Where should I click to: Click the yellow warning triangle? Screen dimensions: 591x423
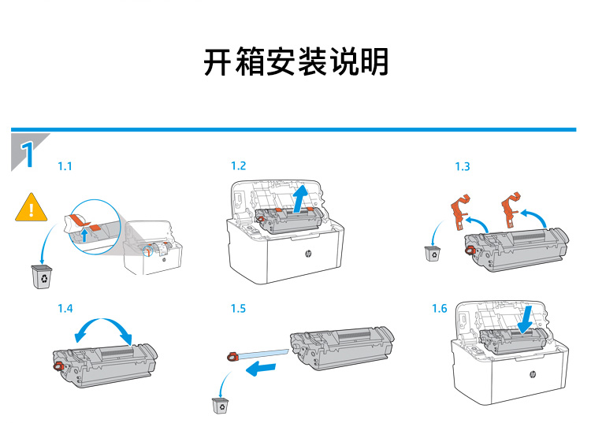pyautogui.click(x=32, y=208)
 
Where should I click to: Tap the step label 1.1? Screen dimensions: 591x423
pyautogui.click(x=65, y=166)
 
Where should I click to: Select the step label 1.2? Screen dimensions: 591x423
pyautogui.click(x=238, y=165)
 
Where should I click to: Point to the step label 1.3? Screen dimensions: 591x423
pyautogui.click(x=463, y=166)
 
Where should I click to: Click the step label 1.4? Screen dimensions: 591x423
pyautogui.click(x=65, y=309)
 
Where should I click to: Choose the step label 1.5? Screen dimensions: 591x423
pyautogui.click(x=238, y=309)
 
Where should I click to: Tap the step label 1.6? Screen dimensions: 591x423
pyautogui.click(x=440, y=309)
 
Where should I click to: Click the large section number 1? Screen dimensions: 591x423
pyautogui.click(x=27, y=154)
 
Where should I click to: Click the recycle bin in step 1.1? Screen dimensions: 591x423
pyautogui.click(x=42, y=276)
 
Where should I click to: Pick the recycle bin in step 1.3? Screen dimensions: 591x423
pyautogui.click(x=433, y=254)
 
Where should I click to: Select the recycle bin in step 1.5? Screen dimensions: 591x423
pyautogui.click(x=220, y=406)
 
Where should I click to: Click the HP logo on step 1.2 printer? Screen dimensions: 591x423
pyautogui.click(x=308, y=254)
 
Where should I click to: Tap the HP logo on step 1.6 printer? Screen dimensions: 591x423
pyautogui.click(x=533, y=374)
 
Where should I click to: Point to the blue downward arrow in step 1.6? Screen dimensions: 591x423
pyautogui.click(x=526, y=319)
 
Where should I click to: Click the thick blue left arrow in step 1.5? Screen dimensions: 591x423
pyautogui.click(x=261, y=368)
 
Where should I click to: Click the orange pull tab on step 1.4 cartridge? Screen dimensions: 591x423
pyautogui.click(x=58, y=365)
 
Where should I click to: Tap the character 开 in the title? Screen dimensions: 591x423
pyautogui.click(x=217, y=62)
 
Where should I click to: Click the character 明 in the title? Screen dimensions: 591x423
pyautogui.click(x=374, y=62)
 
